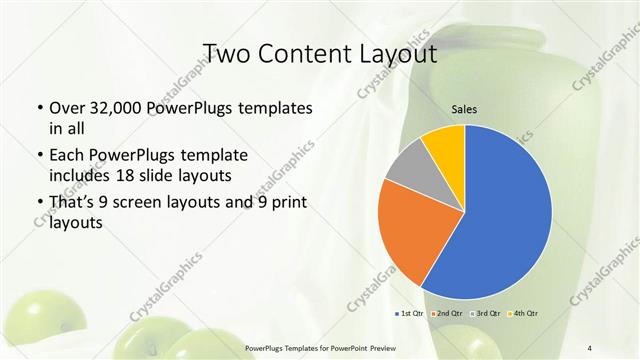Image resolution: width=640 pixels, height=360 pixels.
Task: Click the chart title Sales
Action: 464,108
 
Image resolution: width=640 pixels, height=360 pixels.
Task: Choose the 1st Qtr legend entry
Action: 411,314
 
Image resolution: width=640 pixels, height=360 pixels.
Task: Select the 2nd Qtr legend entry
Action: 446,314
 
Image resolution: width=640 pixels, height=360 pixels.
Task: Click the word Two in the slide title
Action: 228,53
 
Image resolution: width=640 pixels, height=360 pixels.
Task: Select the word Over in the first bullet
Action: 66,108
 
